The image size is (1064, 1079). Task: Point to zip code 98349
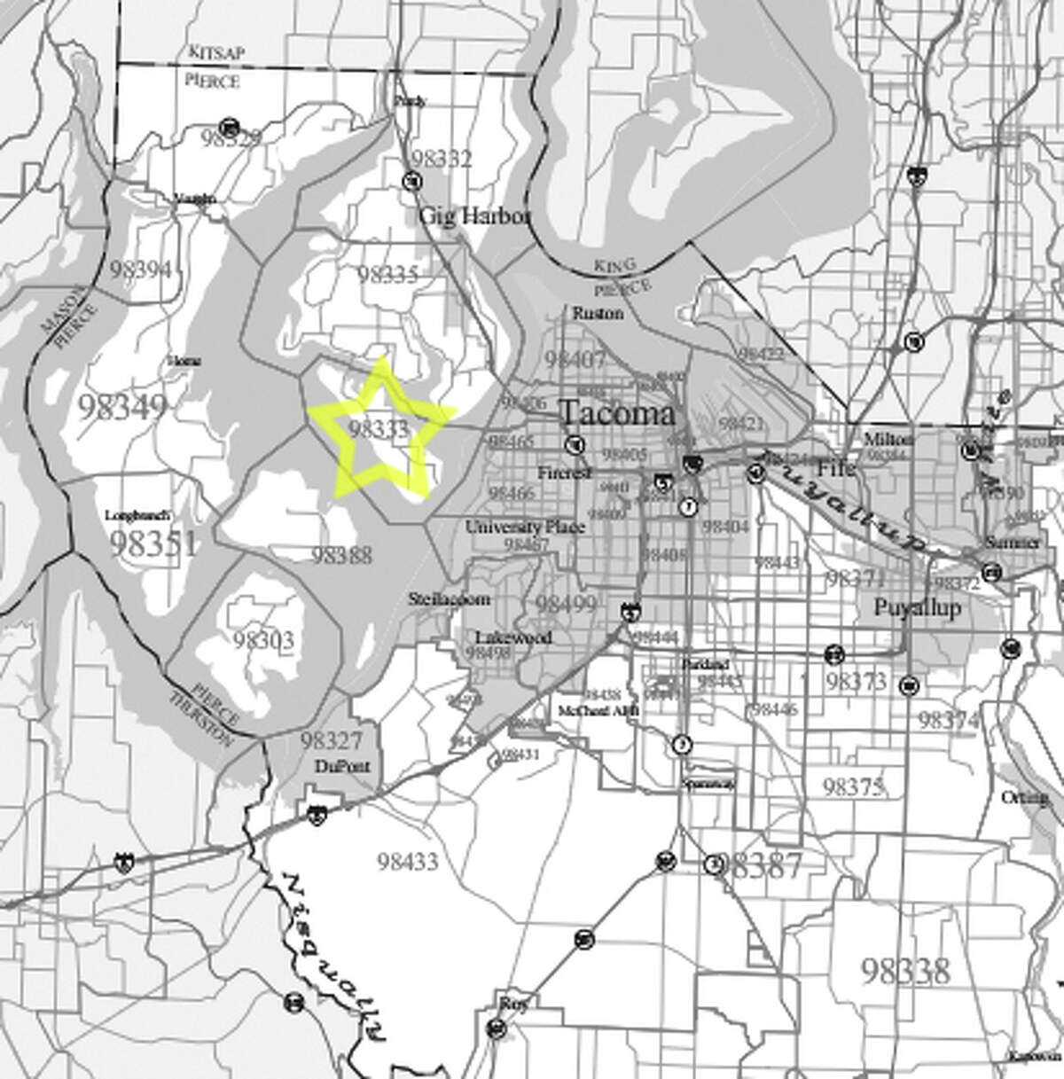(x=122, y=407)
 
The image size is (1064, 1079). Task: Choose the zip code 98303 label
(x=263, y=639)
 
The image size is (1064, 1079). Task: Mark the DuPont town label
(x=341, y=767)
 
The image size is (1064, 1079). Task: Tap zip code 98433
(x=407, y=860)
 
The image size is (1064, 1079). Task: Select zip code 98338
(x=904, y=971)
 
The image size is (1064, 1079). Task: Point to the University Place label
(x=525, y=527)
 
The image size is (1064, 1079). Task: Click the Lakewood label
(x=512, y=637)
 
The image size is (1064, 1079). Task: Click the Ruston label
(x=598, y=313)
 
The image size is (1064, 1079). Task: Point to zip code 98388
(x=341, y=556)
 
